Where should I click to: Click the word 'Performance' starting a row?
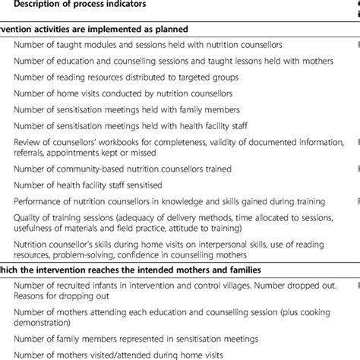[x=39, y=201]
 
